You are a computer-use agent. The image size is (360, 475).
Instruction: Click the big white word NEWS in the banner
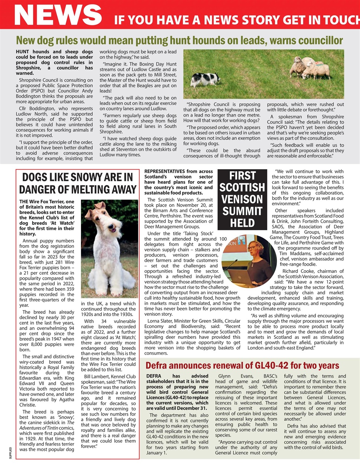pos(58,15)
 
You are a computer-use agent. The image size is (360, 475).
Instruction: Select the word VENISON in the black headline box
pos(242,199)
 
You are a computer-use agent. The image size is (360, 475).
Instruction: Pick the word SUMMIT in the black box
pos(242,211)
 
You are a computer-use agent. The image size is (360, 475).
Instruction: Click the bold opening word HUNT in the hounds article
pos(23,52)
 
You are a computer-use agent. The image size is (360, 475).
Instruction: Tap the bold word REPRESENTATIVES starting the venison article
pos(164,171)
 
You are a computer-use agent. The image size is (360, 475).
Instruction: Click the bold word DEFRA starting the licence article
pos(154,376)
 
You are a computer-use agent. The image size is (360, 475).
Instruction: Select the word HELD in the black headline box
pos(242,223)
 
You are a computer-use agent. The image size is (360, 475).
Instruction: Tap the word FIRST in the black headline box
pos(242,176)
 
